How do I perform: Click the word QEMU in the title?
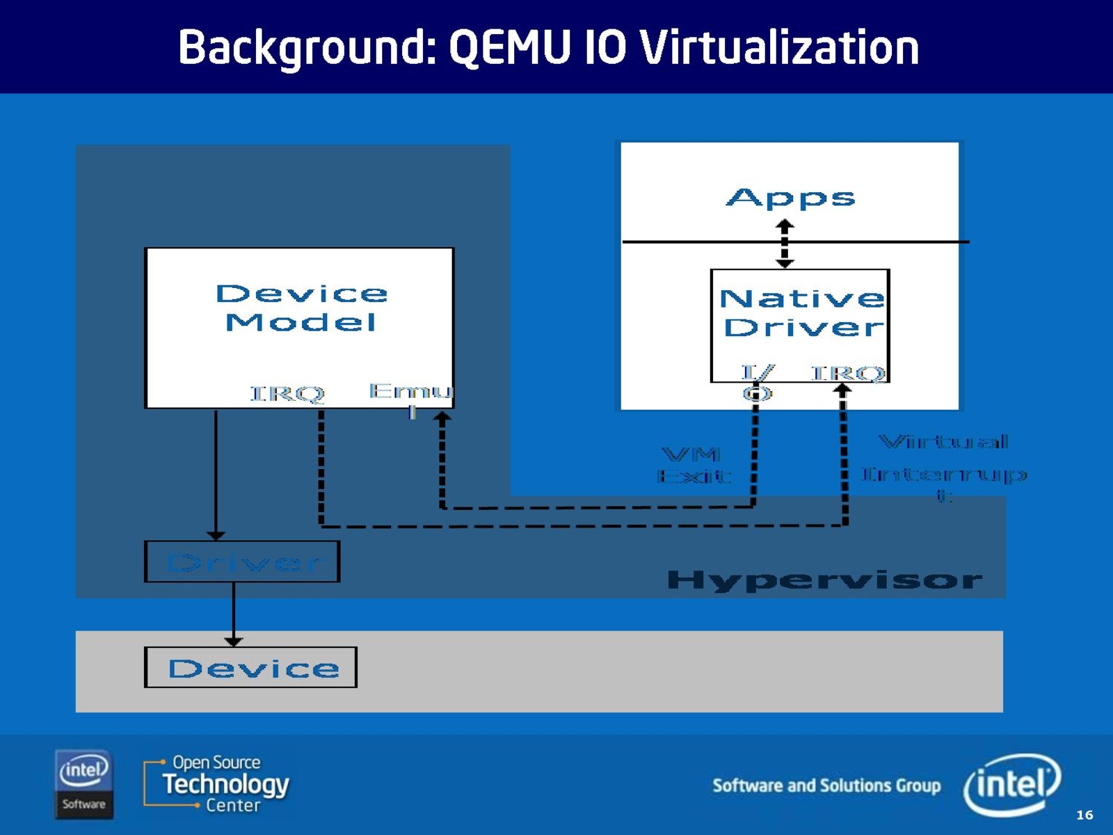tap(509, 48)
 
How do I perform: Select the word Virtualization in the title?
tap(778, 48)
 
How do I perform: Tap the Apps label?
tap(790, 198)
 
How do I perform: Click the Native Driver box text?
tap(801, 313)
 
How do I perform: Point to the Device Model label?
tap(301, 308)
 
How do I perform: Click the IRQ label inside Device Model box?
tap(287, 394)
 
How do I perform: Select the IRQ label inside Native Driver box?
tap(848, 374)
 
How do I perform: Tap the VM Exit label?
tap(694, 466)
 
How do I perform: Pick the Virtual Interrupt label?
tap(944, 466)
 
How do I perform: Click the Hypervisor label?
tap(824, 580)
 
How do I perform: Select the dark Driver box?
tap(242, 562)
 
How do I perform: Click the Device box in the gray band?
tap(251, 668)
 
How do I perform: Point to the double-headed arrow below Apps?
tap(785, 244)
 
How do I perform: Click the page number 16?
tap(1084, 815)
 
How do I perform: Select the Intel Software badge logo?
tap(83, 784)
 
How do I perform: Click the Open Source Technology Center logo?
tap(217, 784)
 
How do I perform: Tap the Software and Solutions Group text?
tap(826, 786)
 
